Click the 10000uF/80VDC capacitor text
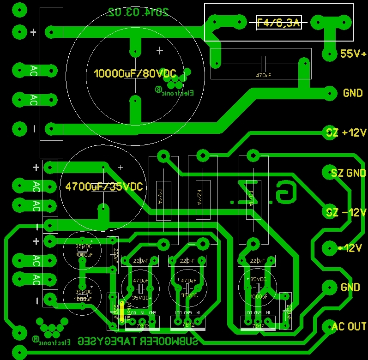(x=135, y=73)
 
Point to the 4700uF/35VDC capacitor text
(x=104, y=187)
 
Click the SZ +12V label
(x=346, y=133)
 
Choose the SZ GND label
(x=348, y=173)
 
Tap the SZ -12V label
(x=346, y=213)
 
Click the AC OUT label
(x=349, y=326)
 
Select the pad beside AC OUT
(x=328, y=327)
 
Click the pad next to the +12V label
(x=329, y=248)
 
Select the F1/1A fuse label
(x=160, y=197)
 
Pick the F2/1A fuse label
(x=199, y=197)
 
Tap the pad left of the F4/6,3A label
(x=241, y=21)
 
